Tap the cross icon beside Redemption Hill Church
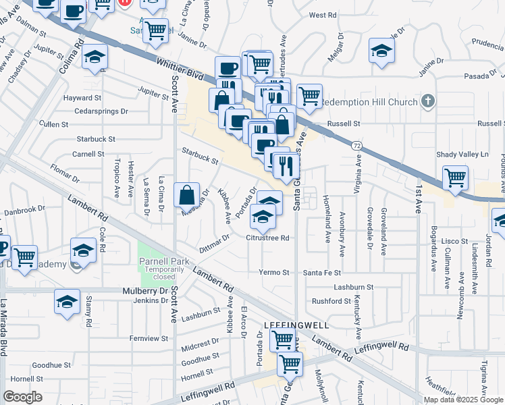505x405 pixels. tap(427, 102)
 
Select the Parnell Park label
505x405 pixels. tap(163, 261)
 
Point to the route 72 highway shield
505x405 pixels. tap(354, 146)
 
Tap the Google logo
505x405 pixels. tap(23, 396)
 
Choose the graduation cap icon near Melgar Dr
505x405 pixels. tap(382, 51)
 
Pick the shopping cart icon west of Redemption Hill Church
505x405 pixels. tap(309, 96)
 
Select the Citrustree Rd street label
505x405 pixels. tap(267, 238)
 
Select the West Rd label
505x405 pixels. tap(322, 15)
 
